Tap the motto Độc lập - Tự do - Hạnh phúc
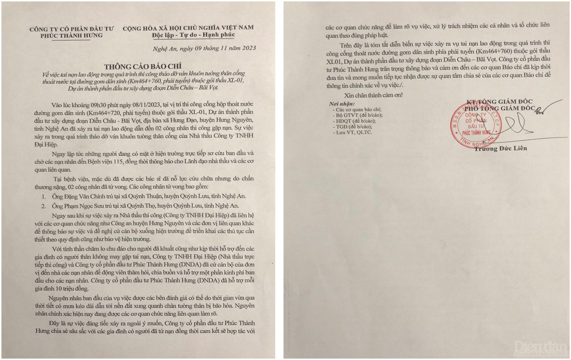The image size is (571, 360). tap(193, 35)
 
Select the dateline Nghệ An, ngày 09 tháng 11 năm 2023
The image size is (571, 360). tap(204, 48)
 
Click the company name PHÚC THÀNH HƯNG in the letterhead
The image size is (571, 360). tap(71, 35)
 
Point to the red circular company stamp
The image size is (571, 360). tap(475, 125)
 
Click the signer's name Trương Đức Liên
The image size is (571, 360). tap(500, 148)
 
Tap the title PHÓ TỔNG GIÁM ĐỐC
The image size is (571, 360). tap(499, 109)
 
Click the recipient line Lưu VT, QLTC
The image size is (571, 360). tap(354, 132)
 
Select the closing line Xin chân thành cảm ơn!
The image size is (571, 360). tap(373, 95)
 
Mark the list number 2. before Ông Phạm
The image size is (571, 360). tap(44, 206)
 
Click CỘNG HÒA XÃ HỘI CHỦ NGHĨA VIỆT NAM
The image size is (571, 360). tap(188, 27)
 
